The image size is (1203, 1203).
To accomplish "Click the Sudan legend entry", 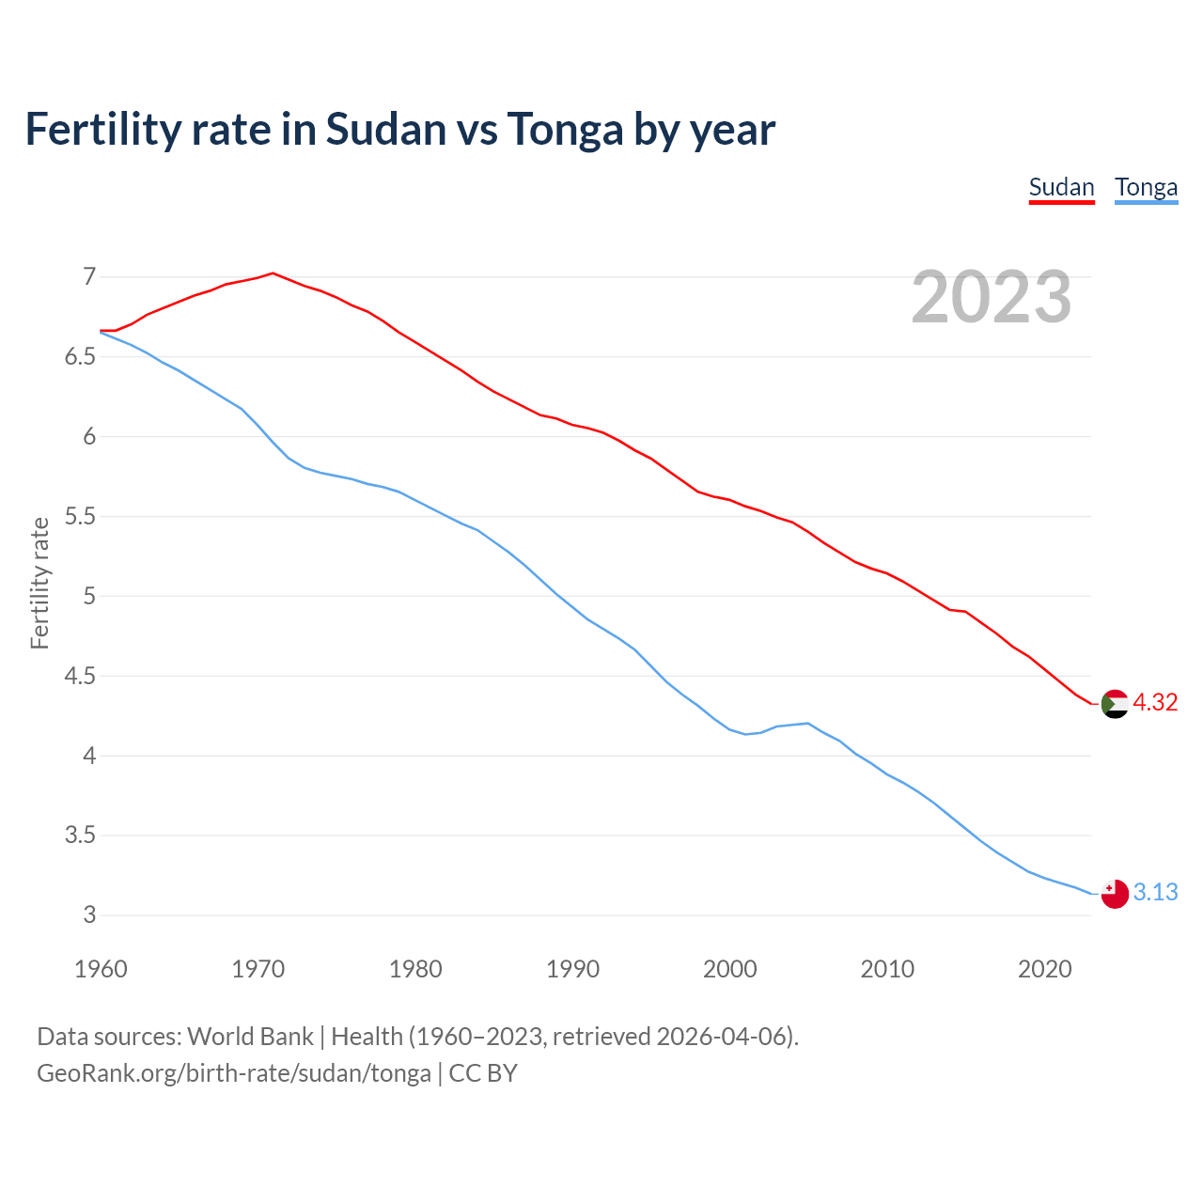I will point(1061,187).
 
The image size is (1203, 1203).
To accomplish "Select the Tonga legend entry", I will point(1146,187).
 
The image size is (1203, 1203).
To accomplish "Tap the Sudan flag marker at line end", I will point(1115,703).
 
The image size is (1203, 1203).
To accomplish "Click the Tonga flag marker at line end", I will point(1115,893).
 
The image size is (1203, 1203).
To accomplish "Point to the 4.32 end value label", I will point(1155,703).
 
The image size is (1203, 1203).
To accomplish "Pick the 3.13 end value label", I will point(1155,893).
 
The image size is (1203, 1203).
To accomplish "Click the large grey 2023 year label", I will point(992,297).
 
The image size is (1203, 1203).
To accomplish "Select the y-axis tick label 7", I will point(89,277).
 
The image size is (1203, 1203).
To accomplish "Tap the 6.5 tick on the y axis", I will point(81,357).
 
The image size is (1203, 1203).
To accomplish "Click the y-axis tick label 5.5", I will point(81,517).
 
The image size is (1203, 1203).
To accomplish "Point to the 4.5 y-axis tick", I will point(81,677).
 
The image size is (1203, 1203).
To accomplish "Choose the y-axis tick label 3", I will point(89,915).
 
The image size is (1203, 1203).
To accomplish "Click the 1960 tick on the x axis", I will point(101,969).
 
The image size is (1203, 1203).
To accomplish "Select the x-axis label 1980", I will point(415,969).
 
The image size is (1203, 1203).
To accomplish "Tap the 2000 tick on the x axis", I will point(730,969).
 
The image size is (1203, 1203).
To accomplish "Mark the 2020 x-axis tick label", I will point(1044,969).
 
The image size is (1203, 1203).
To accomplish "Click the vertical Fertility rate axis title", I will point(39,583).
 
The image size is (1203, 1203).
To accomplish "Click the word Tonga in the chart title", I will point(565,130).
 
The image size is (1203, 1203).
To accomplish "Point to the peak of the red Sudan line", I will point(273,273).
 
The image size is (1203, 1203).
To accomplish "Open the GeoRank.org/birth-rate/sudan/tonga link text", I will point(234,1073).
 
